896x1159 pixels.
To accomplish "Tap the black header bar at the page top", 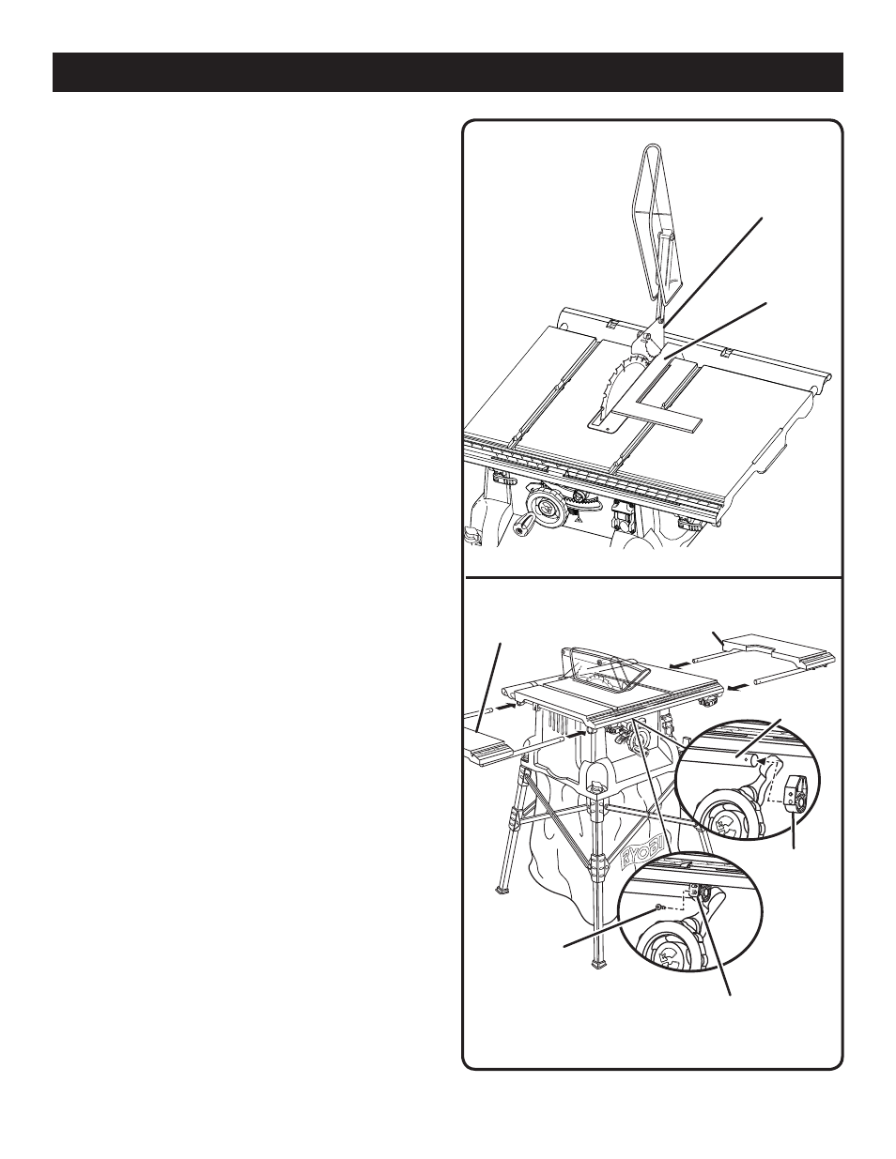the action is click(448, 72).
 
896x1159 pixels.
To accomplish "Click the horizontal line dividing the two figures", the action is click(653, 577).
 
